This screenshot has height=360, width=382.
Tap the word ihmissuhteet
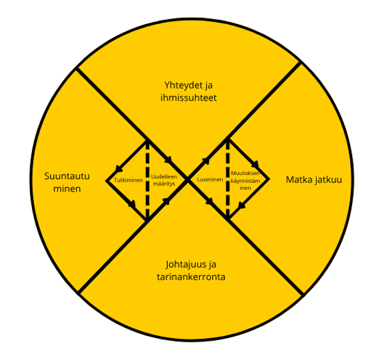188,98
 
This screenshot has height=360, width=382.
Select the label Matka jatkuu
314,180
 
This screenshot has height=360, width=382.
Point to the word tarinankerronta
191,277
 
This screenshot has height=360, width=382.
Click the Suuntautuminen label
67,182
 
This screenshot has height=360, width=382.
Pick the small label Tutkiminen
128,180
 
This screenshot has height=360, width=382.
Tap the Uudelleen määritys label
164,180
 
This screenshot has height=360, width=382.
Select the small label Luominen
210,180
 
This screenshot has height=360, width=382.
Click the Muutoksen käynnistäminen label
246,180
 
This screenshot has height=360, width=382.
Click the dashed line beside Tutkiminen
147,180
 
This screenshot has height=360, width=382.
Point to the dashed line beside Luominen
228,179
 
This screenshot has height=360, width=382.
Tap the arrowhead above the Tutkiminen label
119,168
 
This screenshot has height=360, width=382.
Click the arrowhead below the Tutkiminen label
132,204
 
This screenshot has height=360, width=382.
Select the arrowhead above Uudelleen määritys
168,160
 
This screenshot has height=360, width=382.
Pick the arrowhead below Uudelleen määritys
166,201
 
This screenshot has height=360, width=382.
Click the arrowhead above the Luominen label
206,160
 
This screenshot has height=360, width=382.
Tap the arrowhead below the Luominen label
210,202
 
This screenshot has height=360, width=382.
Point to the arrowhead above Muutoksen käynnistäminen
258,164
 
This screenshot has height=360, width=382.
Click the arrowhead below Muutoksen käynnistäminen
242,206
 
